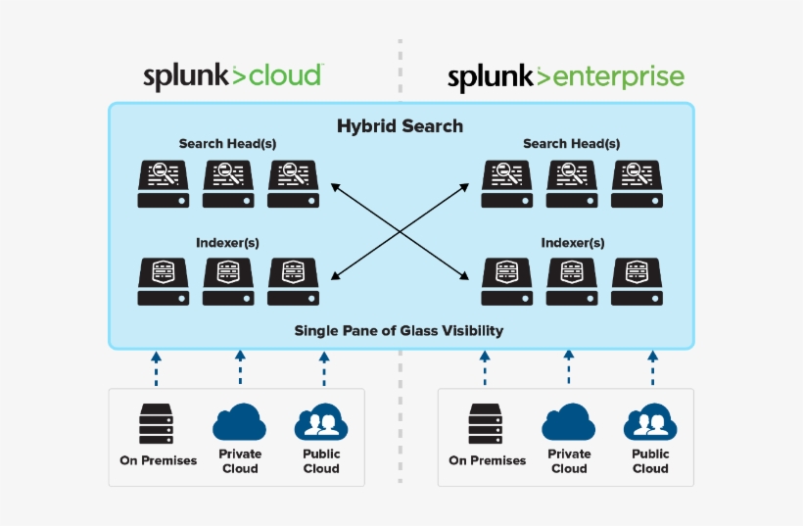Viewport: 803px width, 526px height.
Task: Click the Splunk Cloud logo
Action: coord(233,76)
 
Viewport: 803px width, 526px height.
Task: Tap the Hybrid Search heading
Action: coord(400,126)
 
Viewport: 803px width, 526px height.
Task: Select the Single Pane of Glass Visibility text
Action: coord(399,330)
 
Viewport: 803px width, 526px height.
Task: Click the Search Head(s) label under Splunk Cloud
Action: coord(227,144)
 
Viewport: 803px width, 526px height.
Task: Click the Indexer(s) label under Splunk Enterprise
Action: coord(572,242)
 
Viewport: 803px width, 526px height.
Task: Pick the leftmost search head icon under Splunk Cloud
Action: coord(163,184)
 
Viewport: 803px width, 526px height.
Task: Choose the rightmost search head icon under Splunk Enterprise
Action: coord(637,184)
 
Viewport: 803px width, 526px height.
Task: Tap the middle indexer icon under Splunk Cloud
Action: coord(228,282)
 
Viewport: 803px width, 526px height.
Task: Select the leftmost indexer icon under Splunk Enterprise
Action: coord(506,282)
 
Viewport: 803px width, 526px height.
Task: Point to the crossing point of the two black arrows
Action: coord(400,231)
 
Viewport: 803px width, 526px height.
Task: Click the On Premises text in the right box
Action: coord(487,460)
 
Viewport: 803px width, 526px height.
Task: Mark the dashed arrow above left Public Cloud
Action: coord(324,369)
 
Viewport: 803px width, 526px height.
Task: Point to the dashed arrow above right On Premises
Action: coord(485,369)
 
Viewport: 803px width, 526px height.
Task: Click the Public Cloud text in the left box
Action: coord(321,461)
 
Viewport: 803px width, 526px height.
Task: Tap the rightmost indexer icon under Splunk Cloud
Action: coord(294,282)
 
